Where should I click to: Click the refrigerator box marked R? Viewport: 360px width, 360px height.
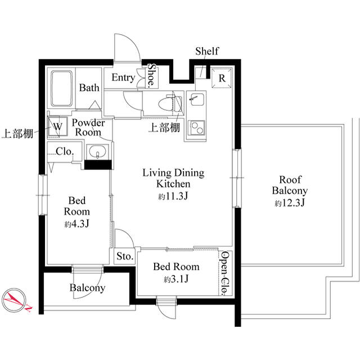pyautogui.click(x=221, y=79)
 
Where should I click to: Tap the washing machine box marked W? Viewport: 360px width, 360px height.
pyautogui.click(x=57, y=127)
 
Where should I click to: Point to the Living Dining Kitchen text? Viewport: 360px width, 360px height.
pyautogui.click(x=173, y=178)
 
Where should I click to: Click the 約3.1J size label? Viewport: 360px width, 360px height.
pyautogui.click(x=176, y=280)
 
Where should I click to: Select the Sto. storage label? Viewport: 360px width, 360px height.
pyautogui.click(x=124, y=256)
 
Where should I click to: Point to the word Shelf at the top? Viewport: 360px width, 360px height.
pyautogui.click(x=206, y=52)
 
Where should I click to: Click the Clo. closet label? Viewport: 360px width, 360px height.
pyautogui.click(x=64, y=151)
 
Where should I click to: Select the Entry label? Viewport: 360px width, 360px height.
pyautogui.click(x=123, y=78)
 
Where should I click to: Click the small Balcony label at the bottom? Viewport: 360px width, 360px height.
pyautogui.click(x=87, y=288)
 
